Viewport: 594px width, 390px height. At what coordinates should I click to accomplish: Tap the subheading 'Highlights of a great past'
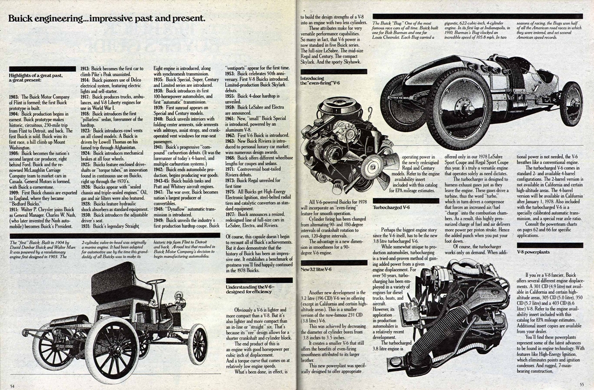[36, 78]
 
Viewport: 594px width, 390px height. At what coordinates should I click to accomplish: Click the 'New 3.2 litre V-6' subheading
[316, 269]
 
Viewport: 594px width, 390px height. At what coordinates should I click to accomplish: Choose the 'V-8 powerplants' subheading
[533, 253]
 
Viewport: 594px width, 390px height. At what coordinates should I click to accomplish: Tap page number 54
[12, 384]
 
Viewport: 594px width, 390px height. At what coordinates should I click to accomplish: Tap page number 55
[582, 384]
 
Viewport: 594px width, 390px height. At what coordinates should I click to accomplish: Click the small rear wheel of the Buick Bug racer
[571, 104]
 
